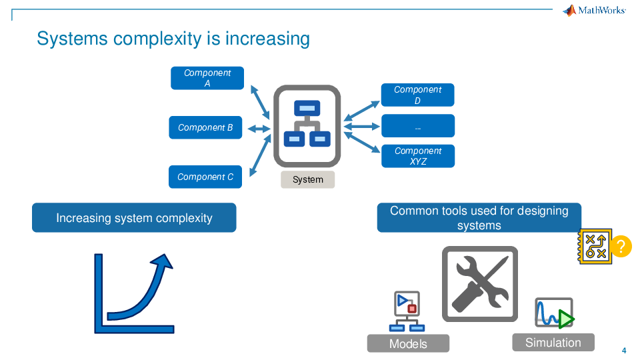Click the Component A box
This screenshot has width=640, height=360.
pyautogui.click(x=207, y=78)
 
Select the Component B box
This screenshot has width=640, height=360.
pyautogui.click(x=205, y=127)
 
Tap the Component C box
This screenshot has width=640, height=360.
pyautogui.click(x=205, y=177)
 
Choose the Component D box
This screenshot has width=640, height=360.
pyautogui.click(x=417, y=95)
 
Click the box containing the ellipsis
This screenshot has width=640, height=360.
pyautogui.click(x=417, y=126)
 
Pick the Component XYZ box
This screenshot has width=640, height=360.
pyautogui.click(x=417, y=156)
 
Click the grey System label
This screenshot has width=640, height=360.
pyautogui.click(x=307, y=179)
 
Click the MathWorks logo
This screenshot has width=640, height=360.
pyautogui.click(x=594, y=10)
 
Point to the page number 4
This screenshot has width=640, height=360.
pyautogui.click(x=624, y=351)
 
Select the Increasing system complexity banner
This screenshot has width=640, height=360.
pyautogui.click(x=134, y=218)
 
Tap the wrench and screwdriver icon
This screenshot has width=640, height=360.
pyautogui.click(x=480, y=284)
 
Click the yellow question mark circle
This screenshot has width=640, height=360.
pyautogui.click(x=621, y=247)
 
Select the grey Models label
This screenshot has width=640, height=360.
pyautogui.click(x=408, y=343)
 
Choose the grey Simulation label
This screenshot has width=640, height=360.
pyautogui.click(x=553, y=343)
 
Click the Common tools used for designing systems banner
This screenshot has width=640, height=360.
pyautogui.click(x=479, y=218)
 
